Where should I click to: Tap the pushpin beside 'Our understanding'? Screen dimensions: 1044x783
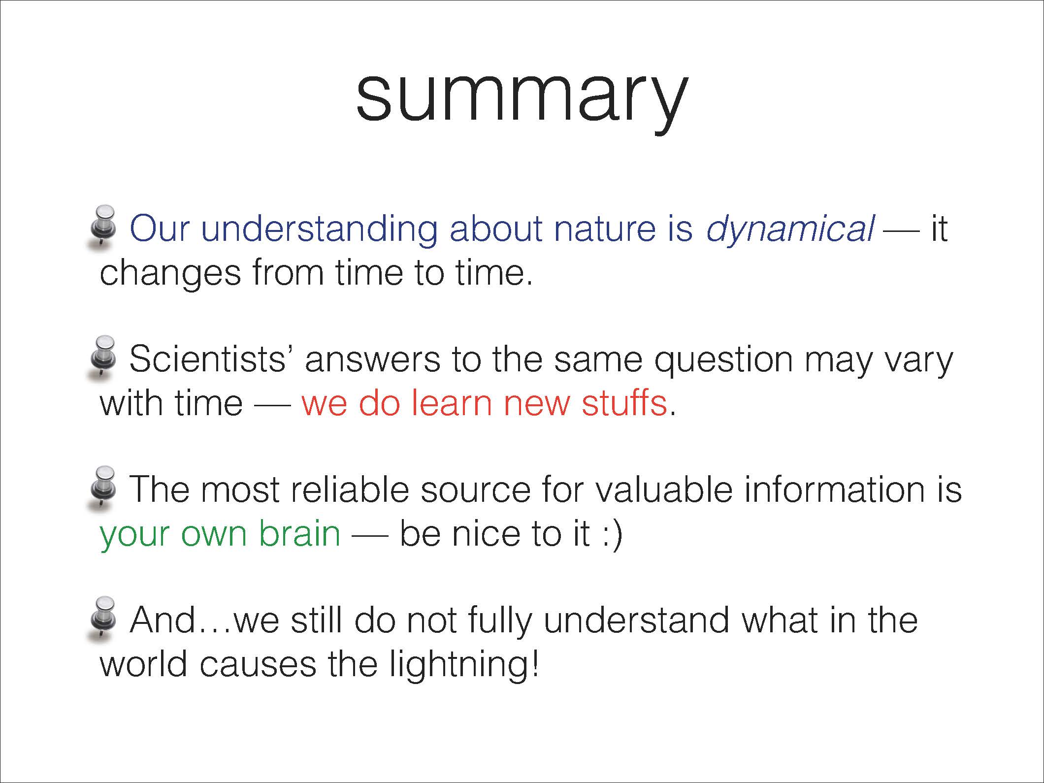tap(102, 227)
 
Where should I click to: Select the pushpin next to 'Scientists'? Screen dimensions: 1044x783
tap(102, 358)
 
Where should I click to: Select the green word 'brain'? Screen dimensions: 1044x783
tap(300, 533)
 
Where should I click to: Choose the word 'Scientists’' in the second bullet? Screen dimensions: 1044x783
tap(212, 359)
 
